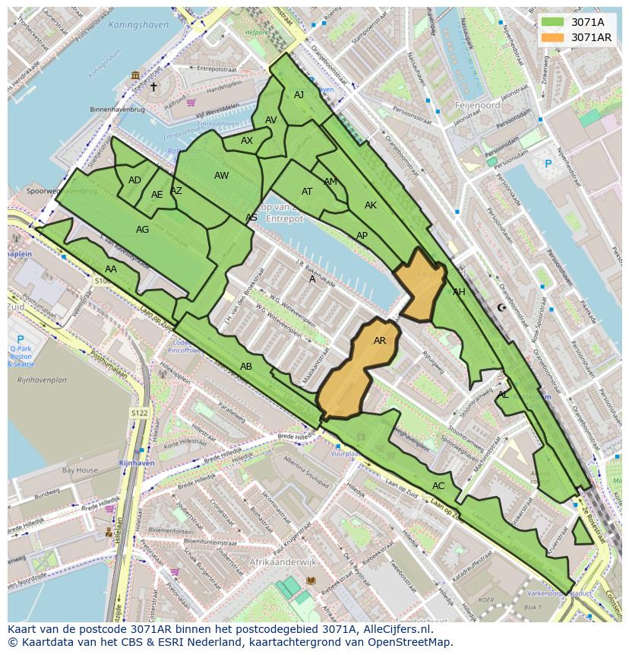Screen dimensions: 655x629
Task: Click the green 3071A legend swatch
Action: (552, 22)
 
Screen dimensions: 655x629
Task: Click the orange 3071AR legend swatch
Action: (552, 37)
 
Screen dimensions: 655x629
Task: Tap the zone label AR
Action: (380, 341)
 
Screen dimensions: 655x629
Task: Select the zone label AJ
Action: (299, 95)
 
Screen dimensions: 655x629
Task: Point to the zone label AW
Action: (221, 176)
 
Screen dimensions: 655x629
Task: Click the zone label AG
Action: (142, 229)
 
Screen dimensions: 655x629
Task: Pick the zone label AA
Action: (111, 269)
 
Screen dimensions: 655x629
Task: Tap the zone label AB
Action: (246, 366)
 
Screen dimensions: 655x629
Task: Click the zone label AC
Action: (438, 485)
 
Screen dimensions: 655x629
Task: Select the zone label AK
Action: (371, 205)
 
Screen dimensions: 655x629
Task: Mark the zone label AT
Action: (307, 192)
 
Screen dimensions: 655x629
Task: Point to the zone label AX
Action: (247, 141)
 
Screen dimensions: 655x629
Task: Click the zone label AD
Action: (134, 180)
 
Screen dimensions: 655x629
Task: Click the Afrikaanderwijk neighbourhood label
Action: (283, 562)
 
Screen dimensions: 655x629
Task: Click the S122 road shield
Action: (138, 412)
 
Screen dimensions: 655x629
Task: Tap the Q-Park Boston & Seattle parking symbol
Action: (21, 340)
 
